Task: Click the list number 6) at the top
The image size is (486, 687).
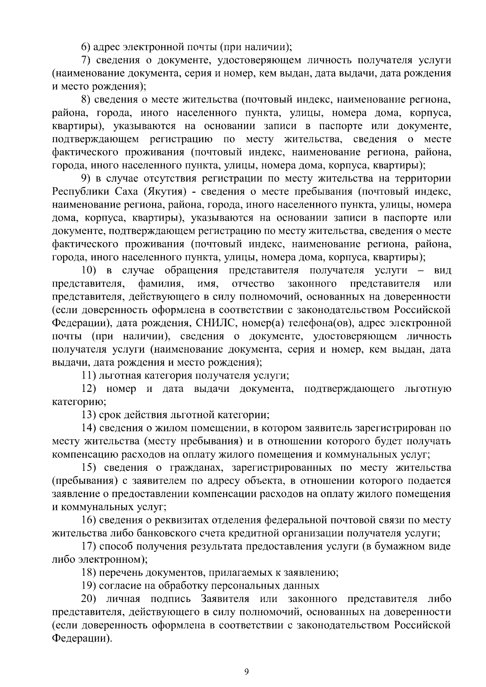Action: (86, 47)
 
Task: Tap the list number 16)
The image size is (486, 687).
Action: (88, 520)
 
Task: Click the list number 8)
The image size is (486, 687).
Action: (86, 100)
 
